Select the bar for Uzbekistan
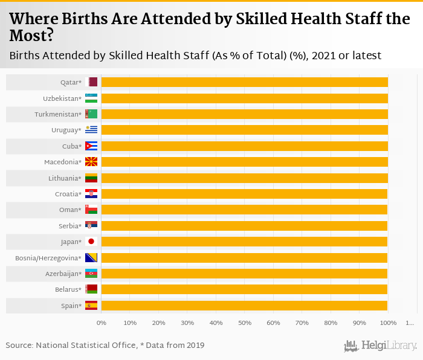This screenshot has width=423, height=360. click(x=244, y=98)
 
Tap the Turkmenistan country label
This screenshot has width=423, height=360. click(x=63, y=114)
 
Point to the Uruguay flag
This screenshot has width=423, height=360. click(x=91, y=130)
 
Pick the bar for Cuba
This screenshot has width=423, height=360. click(x=244, y=146)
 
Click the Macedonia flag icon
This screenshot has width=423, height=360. click(x=91, y=162)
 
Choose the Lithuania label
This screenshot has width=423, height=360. click(x=65, y=178)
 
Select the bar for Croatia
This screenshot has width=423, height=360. click(x=244, y=194)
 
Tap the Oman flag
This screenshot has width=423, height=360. click(x=91, y=210)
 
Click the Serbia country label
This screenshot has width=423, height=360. click(x=71, y=226)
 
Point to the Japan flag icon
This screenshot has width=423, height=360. click(x=91, y=242)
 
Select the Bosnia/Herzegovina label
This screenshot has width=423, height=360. click(x=48, y=258)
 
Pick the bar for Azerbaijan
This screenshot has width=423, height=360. click(x=244, y=274)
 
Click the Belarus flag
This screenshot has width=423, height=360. click(x=91, y=289)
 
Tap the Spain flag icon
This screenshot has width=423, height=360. click(x=91, y=306)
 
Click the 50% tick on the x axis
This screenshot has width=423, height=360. click(x=245, y=323)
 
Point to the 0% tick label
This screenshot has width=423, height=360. click(x=102, y=323)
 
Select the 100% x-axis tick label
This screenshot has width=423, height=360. click(x=388, y=323)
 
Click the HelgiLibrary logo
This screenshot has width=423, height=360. click(x=381, y=346)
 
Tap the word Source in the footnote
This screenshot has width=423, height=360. click(x=19, y=346)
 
